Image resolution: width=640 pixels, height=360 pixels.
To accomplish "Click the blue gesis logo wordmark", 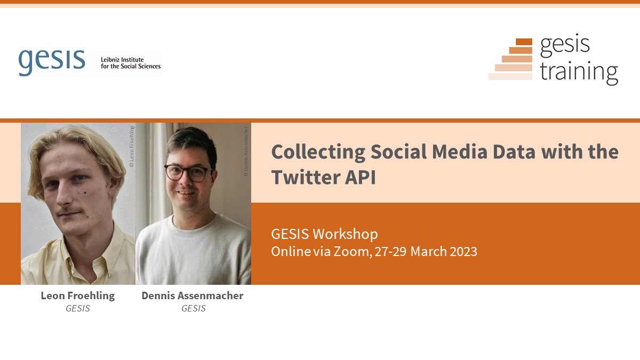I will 52,61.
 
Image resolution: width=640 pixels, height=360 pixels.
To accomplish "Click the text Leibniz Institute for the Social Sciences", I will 131,63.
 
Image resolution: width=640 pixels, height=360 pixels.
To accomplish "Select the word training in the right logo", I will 579,71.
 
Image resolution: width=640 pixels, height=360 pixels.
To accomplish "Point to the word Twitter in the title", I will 300,178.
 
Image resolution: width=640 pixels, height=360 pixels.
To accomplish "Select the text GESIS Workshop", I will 324,234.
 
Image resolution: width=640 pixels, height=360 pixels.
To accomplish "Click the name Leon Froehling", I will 78,295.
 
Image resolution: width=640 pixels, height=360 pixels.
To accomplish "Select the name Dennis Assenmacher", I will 193,295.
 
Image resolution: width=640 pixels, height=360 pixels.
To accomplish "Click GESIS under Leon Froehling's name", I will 78,308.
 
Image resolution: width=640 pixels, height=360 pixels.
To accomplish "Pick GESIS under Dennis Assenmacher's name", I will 193,308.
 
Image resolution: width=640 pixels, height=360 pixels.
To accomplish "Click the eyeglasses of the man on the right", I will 187,172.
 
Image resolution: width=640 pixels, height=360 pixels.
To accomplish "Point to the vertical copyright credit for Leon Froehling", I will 132,147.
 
